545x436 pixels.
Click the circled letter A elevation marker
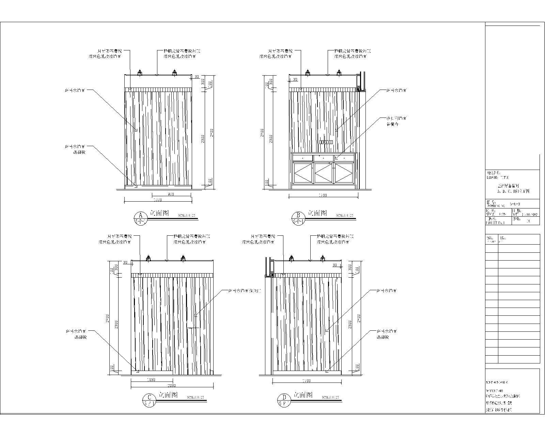(140, 215)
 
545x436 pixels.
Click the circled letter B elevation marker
(298, 215)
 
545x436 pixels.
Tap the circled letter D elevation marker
(284, 397)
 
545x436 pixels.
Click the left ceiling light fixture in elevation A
(139, 72)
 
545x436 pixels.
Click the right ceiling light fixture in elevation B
(339, 72)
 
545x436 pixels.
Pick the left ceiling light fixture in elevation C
(148, 258)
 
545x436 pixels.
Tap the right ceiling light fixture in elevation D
(323, 258)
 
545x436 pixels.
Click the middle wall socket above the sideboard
(326, 142)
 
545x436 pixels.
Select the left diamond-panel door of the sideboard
(303, 174)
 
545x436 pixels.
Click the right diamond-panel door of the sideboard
(344, 174)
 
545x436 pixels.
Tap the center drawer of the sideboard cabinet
(324, 158)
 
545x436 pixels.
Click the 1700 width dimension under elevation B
(323, 195)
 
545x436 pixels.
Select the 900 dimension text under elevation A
(171, 194)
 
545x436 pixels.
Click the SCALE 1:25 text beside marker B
(344, 215)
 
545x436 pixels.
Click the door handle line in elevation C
(193, 328)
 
